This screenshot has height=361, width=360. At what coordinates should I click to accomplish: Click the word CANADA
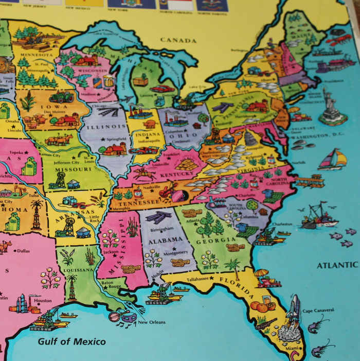pyautogui.click(x=178, y=40)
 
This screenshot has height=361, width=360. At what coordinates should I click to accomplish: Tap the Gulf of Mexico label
pyautogui.click(x=71, y=341)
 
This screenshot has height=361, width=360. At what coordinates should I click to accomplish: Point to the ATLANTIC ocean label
pyautogui.click(x=337, y=265)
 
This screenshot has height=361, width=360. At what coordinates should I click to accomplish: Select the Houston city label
pyautogui.click(x=43, y=300)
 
